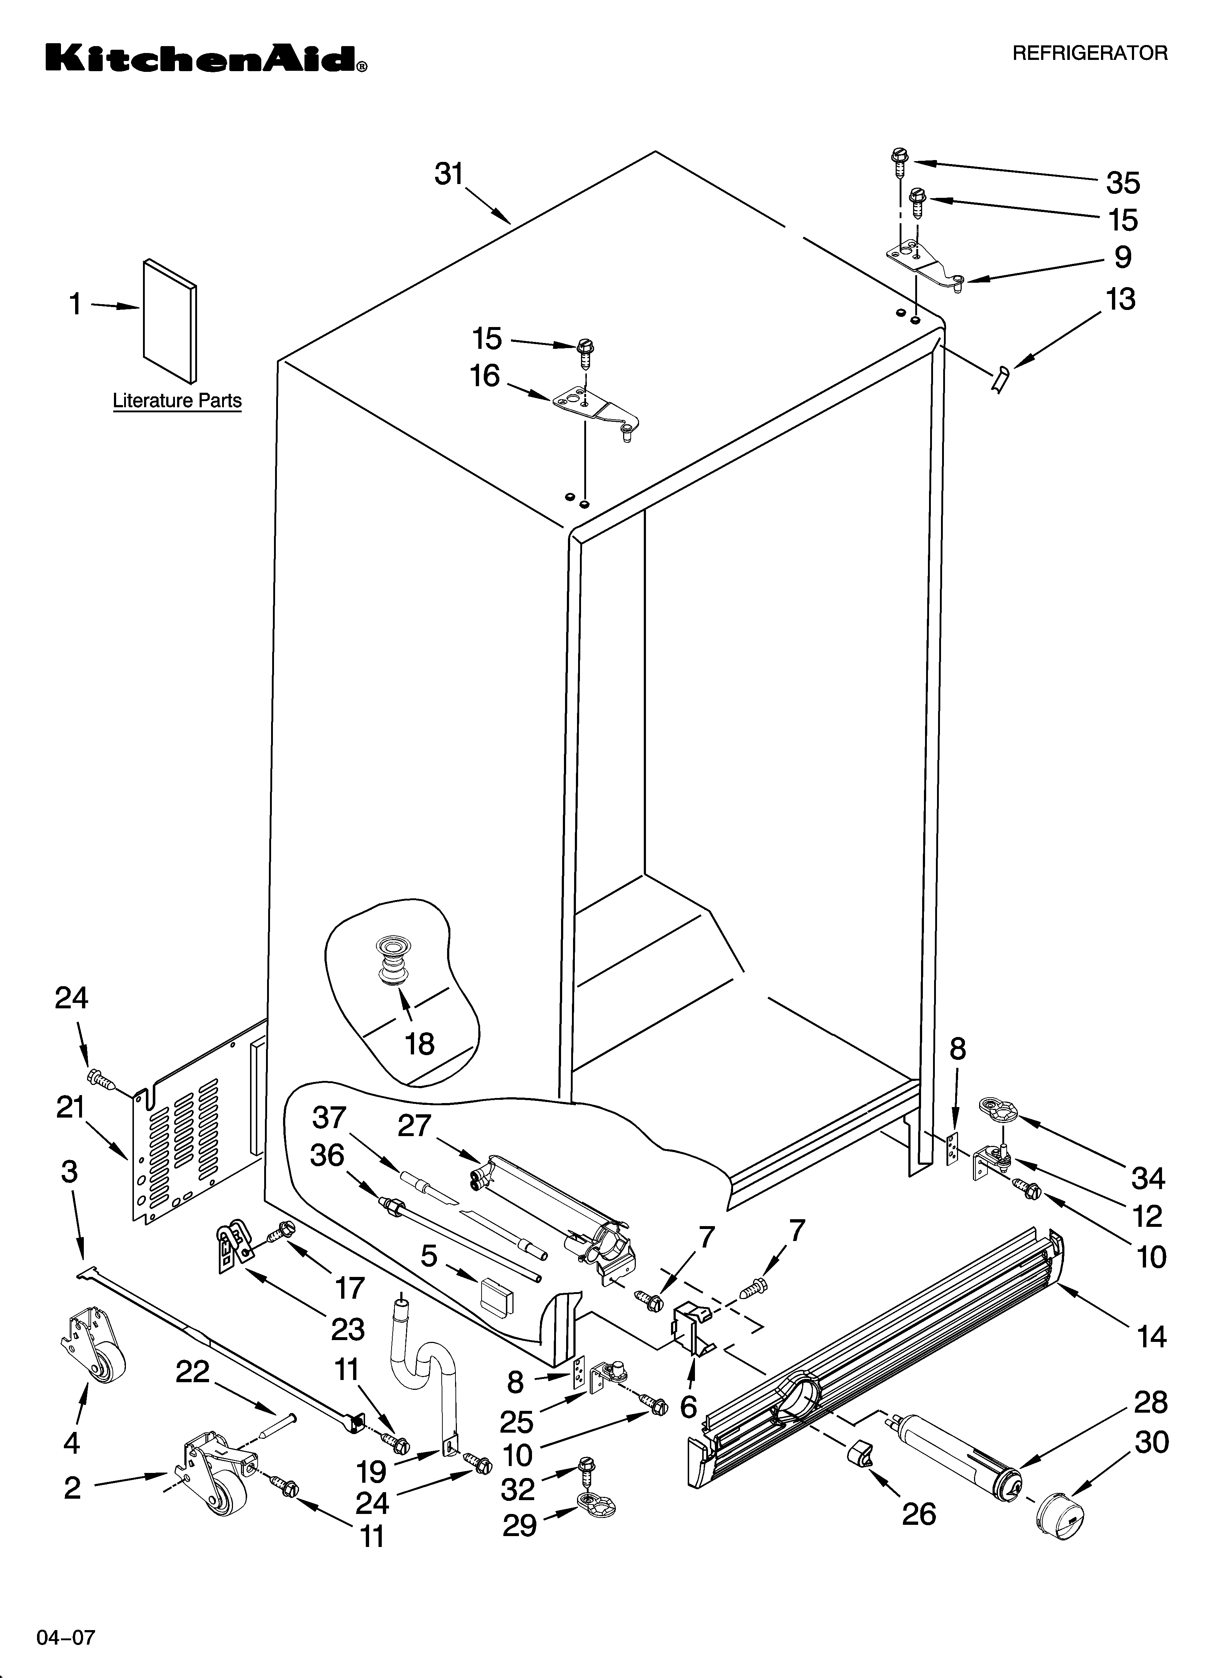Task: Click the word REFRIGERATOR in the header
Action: (x=1089, y=53)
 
